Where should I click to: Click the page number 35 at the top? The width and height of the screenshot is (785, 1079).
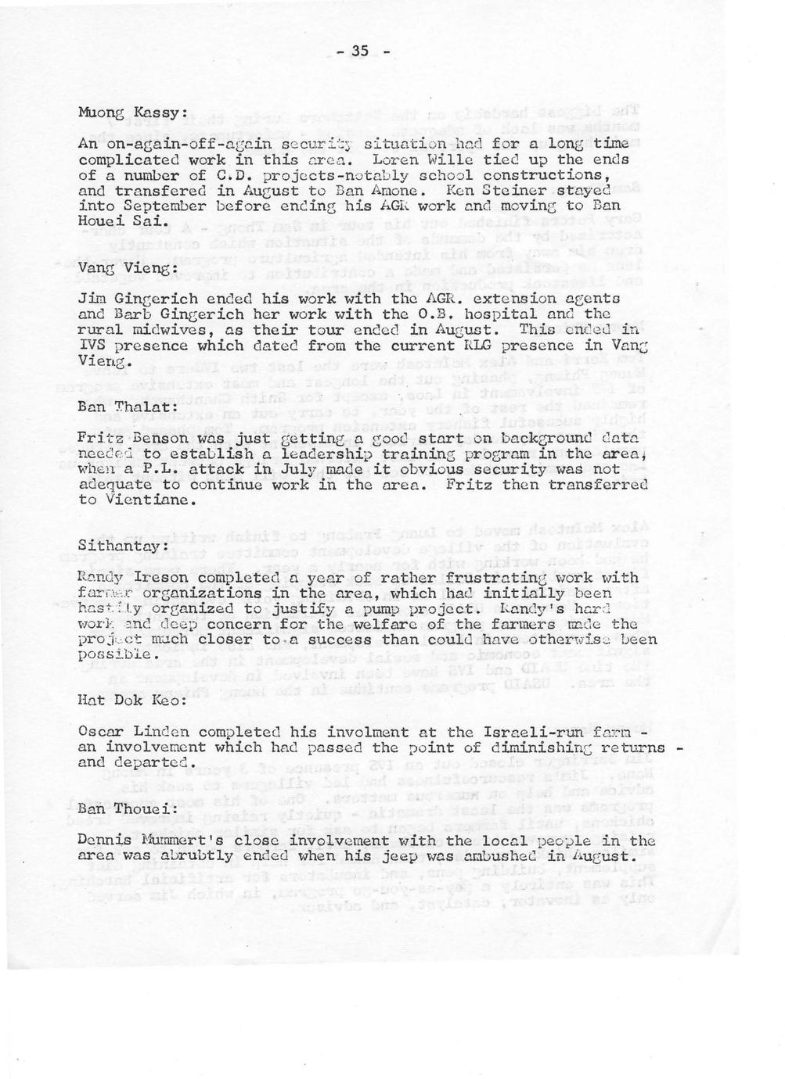click(360, 52)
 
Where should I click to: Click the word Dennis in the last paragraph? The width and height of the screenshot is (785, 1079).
click(106, 841)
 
